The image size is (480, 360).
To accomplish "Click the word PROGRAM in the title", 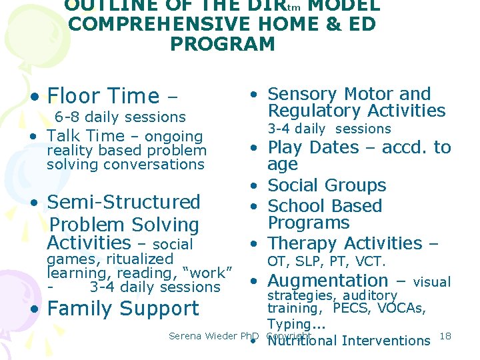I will coord(223,44).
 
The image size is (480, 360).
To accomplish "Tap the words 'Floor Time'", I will coord(103,96).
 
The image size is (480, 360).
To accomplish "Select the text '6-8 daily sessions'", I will coord(120,117).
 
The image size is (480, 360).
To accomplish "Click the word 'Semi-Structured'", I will coord(123,202).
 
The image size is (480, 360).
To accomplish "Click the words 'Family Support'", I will coord(123,309).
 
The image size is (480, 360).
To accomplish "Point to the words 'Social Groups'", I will coord(327,185).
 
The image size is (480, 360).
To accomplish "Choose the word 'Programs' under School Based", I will coord(309,223).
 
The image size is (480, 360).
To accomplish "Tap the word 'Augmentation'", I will coord(327,281).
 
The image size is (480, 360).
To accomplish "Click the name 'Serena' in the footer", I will coord(186,336).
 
